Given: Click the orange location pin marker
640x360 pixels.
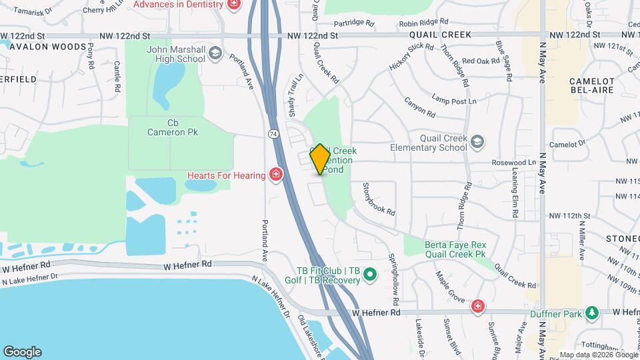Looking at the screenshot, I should [x=320, y=159].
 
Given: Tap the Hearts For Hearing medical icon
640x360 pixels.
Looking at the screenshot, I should [x=275, y=175].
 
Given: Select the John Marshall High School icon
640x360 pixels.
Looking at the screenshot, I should [x=215, y=53].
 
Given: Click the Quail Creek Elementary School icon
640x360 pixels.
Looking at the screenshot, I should [x=477, y=141].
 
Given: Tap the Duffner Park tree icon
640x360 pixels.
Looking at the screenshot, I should [x=591, y=313].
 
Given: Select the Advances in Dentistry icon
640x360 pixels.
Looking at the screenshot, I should [x=233, y=5].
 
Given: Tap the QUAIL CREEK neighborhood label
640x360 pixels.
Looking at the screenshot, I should [x=441, y=35].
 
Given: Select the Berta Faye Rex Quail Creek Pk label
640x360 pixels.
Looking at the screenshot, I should [x=455, y=249].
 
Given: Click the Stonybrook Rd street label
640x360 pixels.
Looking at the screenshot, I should [x=379, y=199].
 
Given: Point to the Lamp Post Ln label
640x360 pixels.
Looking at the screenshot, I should [x=454, y=101].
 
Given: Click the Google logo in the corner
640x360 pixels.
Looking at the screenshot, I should [x=22, y=352].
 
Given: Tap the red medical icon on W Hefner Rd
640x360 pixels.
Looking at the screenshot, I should [x=477, y=307].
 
